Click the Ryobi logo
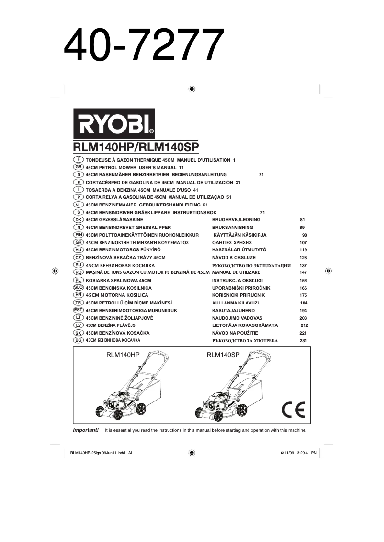(x=113, y=123)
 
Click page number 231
(x=303, y=340)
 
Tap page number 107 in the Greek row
(x=303, y=242)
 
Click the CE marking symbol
(x=293, y=409)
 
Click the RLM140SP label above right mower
(x=223, y=355)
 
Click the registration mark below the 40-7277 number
(x=192, y=89)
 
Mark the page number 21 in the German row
(x=261, y=175)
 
